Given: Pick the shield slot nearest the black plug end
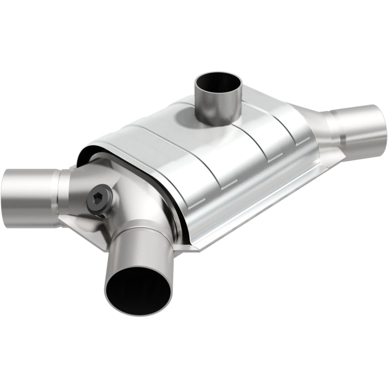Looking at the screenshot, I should pos(196,204).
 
